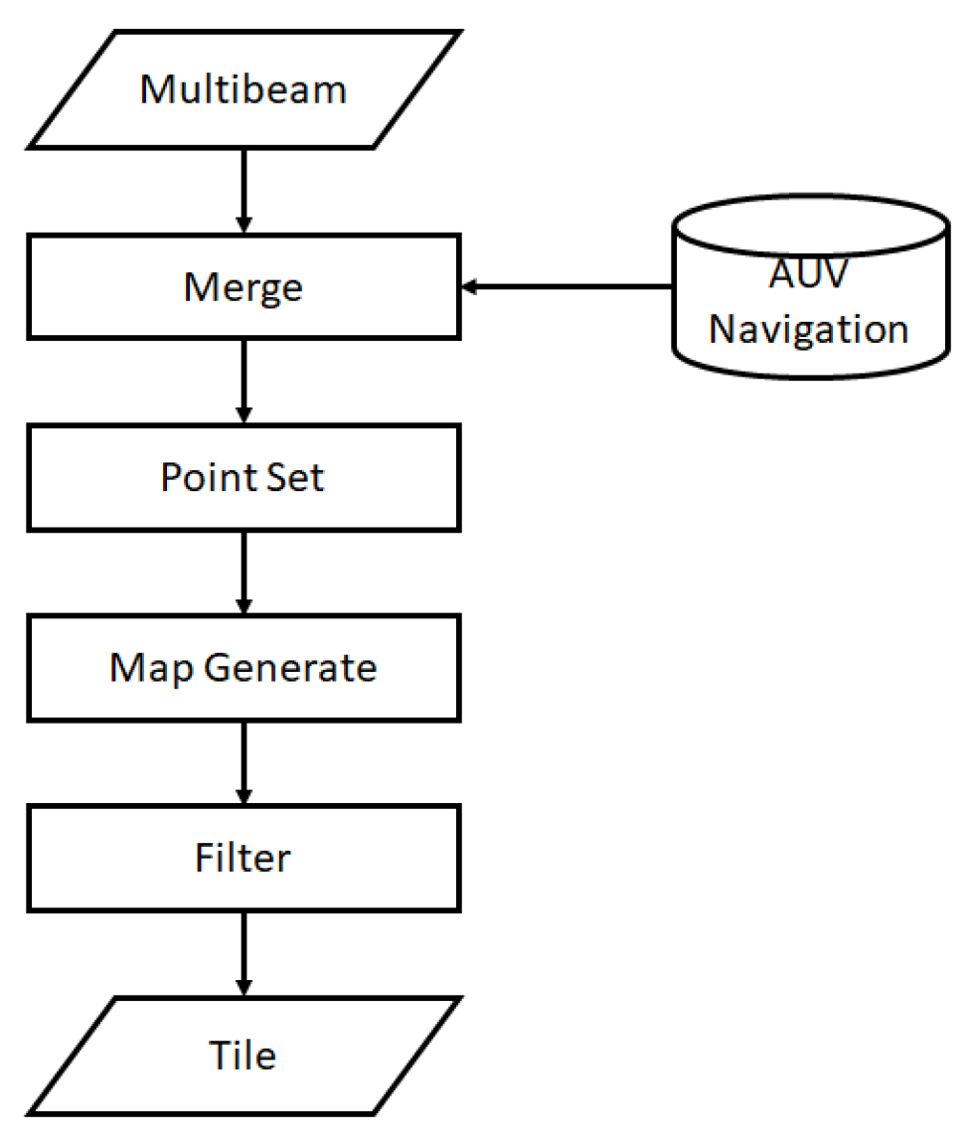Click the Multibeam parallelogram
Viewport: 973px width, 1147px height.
click(243, 89)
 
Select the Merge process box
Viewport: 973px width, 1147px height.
click(243, 286)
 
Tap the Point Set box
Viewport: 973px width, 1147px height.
click(243, 477)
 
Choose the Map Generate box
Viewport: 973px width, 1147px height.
click(243, 668)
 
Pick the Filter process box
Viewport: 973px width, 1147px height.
click(243, 858)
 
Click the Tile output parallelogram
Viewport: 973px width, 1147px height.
click(243, 1055)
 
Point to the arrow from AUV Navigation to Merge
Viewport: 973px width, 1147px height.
click(567, 287)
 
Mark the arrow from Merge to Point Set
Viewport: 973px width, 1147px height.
click(243, 382)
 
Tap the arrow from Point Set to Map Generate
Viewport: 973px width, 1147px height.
click(243, 573)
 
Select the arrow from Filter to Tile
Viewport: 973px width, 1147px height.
click(243, 952)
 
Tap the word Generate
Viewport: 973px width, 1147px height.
click(290, 668)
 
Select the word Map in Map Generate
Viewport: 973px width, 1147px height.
click(152, 668)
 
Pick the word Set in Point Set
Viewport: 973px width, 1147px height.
click(299, 477)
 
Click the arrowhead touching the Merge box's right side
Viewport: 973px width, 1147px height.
click(470, 287)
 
